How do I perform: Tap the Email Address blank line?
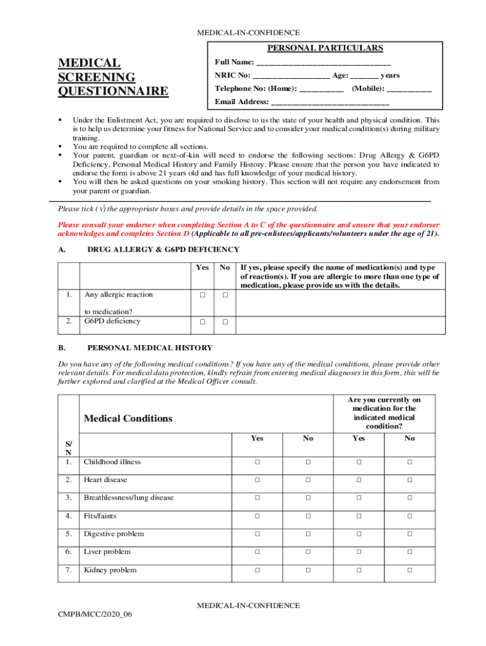330,102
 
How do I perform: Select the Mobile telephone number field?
409,89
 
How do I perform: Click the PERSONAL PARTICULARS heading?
325,48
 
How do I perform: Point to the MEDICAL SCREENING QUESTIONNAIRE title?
114,78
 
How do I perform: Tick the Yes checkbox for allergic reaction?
202,295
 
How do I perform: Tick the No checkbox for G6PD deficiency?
225,322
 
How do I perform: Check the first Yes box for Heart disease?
258,480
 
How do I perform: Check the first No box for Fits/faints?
308,516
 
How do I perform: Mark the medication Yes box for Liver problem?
358,552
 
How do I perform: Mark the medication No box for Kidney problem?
410,570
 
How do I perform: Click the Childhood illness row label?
112,462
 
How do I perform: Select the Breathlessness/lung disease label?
129,498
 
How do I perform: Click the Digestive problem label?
114,534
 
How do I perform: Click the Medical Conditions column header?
128,419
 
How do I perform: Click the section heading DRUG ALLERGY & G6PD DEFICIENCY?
163,250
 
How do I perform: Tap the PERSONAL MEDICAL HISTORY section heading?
150,348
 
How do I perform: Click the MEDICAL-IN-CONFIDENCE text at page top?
248,33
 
